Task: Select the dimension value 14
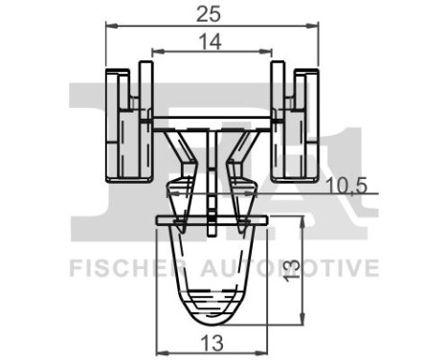click(212, 41)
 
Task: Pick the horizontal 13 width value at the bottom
click(212, 341)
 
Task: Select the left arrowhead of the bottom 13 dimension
click(161, 350)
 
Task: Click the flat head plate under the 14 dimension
click(212, 121)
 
